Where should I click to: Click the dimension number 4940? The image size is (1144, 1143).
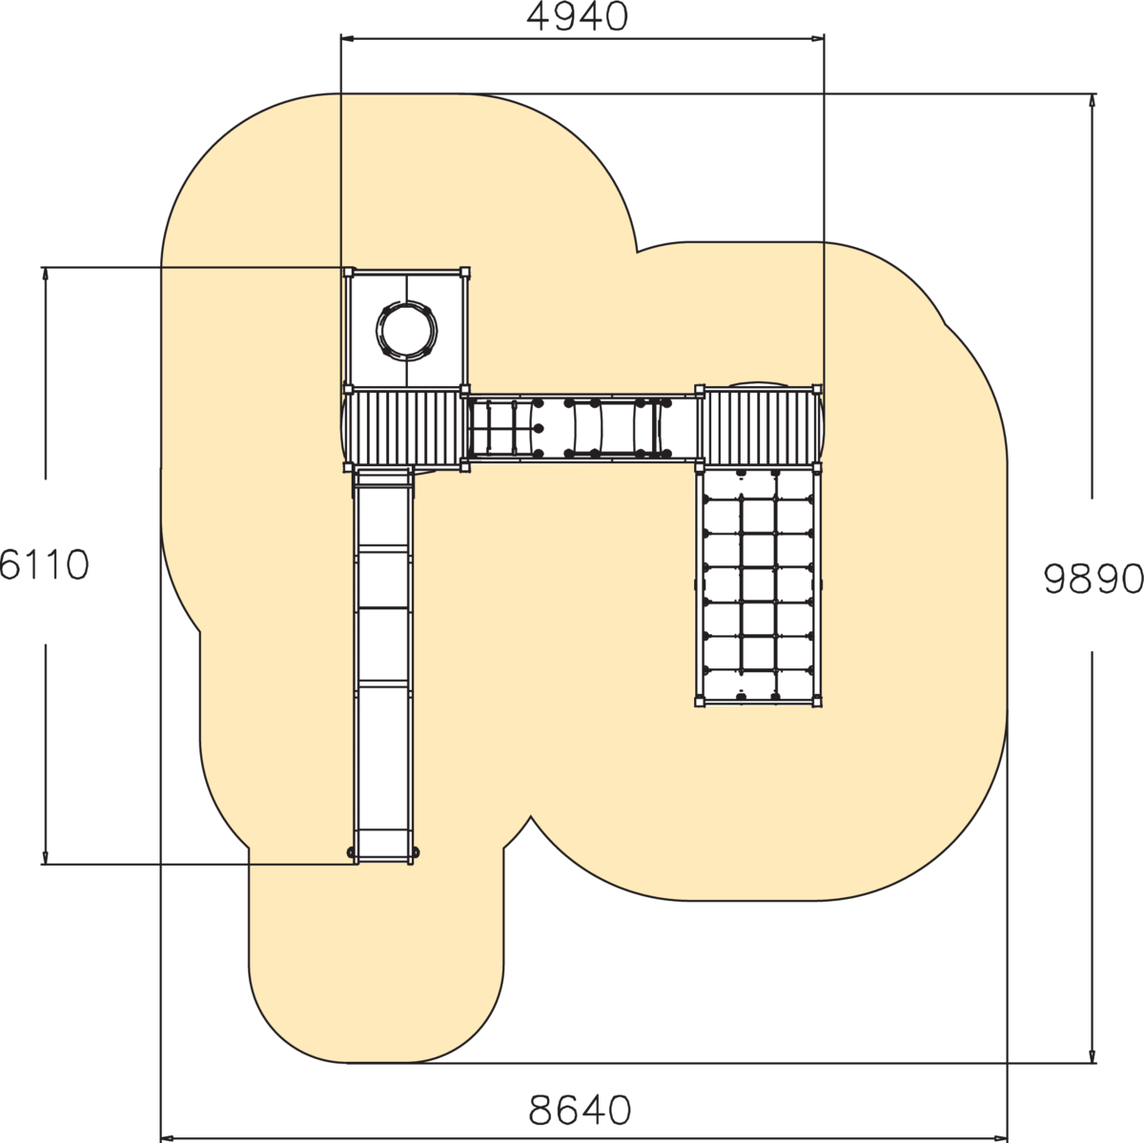(577, 17)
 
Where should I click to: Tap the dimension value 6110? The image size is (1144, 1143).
(45, 564)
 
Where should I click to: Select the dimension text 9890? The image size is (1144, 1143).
(1093, 579)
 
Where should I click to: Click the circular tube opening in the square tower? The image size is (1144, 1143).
(407, 330)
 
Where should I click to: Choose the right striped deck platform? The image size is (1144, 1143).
(759, 429)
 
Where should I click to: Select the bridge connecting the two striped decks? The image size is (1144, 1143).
(582, 427)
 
